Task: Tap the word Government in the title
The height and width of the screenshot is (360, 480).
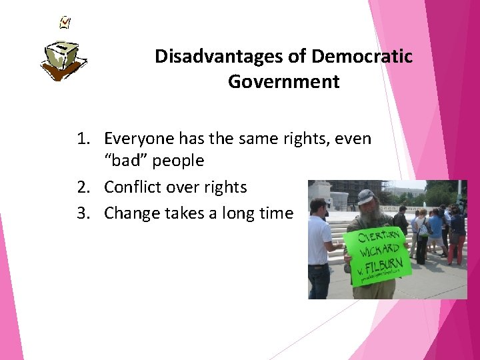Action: (283, 82)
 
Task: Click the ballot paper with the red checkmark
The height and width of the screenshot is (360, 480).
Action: (65, 22)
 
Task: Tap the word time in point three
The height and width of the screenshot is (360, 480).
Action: (277, 213)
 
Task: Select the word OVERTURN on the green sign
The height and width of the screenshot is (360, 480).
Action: (380, 237)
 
